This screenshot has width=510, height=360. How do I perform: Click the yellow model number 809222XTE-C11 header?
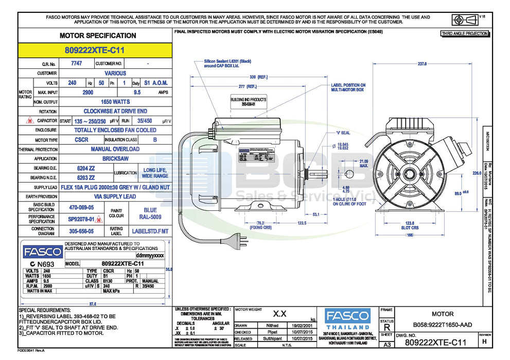pyautogui.click(x=95, y=50)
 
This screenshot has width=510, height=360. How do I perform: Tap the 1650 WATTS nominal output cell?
pyautogui.click(x=115, y=102)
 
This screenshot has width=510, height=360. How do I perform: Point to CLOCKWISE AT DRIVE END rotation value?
pyautogui.click(x=115, y=111)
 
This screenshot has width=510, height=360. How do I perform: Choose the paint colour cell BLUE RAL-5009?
pyautogui.click(x=150, y=213)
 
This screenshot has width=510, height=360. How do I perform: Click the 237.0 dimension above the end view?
pyautogui.click(x=422, y=64)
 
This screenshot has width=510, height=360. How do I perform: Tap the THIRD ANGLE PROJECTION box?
pyautogui.click(x=464, y=33)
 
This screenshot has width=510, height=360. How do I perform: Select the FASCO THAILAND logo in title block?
pyautogui.click(x=348, y=319)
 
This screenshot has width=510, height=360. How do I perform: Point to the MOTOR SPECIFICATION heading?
pyautogui.click(x=98, y=35)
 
